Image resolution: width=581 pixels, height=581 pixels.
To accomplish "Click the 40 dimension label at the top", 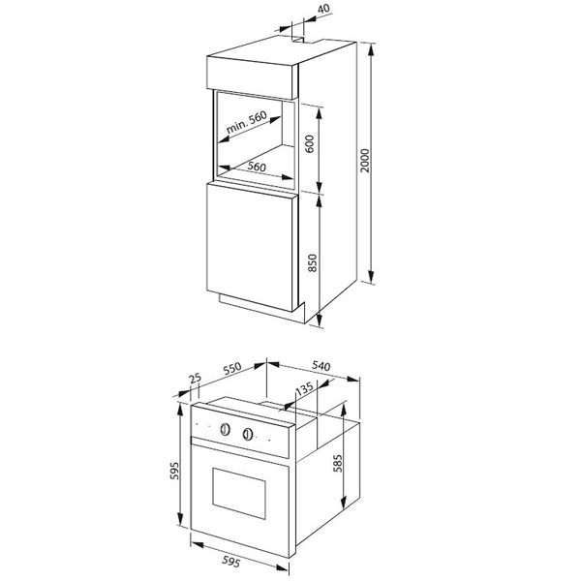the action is click(323, 9).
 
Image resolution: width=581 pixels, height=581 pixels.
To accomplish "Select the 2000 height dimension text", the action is click(365, 160).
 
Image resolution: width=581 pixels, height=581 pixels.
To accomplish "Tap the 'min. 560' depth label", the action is click(246, 122).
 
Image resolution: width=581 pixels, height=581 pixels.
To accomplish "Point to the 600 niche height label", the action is click(310, 143).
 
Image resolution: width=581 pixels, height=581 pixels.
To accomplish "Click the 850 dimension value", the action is click(313, 262).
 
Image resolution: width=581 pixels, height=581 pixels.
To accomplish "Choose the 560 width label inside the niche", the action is click(257, 167).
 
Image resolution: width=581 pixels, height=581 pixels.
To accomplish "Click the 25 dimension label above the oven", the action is click(195, 379).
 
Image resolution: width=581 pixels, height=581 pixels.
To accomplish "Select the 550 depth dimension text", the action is click(232, 368).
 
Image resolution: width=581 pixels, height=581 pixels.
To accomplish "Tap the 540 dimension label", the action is click(321, 366).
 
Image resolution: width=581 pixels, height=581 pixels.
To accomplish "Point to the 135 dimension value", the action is click(305, 388).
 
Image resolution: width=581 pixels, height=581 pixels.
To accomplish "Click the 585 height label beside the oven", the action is click(338, 463).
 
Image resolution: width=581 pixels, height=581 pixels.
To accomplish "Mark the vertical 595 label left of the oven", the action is click(174, 471).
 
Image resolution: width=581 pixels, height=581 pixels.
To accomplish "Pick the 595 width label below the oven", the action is click(231, 562).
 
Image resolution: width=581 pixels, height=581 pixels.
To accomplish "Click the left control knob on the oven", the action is click(225, 429).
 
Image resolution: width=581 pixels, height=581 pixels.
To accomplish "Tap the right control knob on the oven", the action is click(248, 434).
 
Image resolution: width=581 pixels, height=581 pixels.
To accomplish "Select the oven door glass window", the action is click(239, 493).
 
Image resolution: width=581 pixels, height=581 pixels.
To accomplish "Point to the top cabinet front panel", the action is click(250, 77).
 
